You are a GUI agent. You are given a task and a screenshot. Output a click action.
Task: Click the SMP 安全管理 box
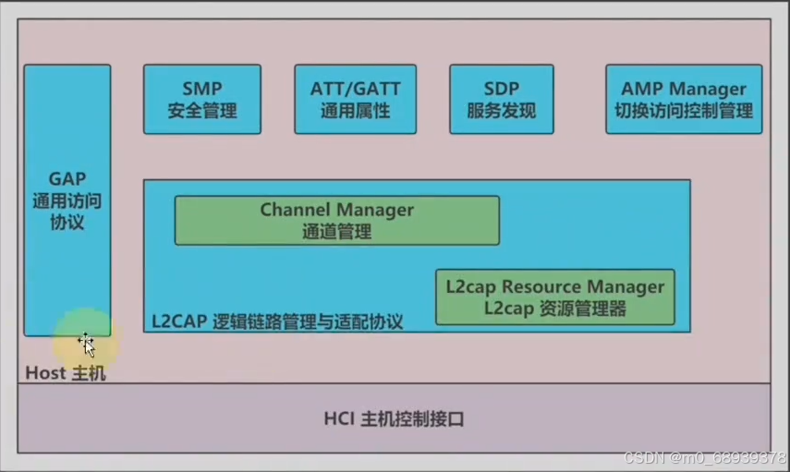pyautogui.click(x=201, y=100)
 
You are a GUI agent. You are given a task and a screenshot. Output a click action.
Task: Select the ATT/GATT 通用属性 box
pyautogui.click(x=355, y=100)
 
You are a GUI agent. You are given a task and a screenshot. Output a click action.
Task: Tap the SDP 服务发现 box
pyautogui.click(x=502, y=100)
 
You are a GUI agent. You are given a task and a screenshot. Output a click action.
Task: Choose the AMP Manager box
pyautogui.click(x=684, y=100)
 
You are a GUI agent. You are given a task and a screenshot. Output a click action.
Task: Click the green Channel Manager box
pyautogui.click(x=336, y=220)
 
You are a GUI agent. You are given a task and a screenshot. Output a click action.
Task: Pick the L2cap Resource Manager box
pyautogui.click(x=554, y=297)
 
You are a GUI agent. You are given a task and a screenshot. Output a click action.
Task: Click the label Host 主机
pyautogui.click(x=65, y=373)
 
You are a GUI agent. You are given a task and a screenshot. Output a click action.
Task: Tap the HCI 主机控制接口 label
pyautogui.click(x=394, y=418)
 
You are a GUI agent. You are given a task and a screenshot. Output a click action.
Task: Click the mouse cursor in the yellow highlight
pyautogui.click(x=86, y=345)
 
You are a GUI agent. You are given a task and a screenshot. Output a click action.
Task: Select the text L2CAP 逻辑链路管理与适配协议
pyautogui.click(x=277, y=321)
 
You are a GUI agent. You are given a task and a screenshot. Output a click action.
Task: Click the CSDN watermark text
pyautogui.click(x=704, y=458)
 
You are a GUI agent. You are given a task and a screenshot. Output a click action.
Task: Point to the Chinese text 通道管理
pyautogui.click(x=336, y=233)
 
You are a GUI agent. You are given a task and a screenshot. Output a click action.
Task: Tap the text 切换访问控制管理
pyautogui.click(x=684, y=112)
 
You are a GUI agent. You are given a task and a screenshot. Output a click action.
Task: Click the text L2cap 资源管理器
pyautogui.click(x=554, y=309)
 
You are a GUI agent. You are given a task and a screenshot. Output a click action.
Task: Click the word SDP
pyautogui.click(x=502, y=89)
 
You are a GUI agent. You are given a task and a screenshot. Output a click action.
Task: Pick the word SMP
pyautogui.click(x=201, y=89)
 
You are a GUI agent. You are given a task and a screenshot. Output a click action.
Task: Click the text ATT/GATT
pyautogui.click(x=355, y=89)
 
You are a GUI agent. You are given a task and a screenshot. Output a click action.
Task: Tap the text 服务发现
pyautogui.click(x=502, y=112)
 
